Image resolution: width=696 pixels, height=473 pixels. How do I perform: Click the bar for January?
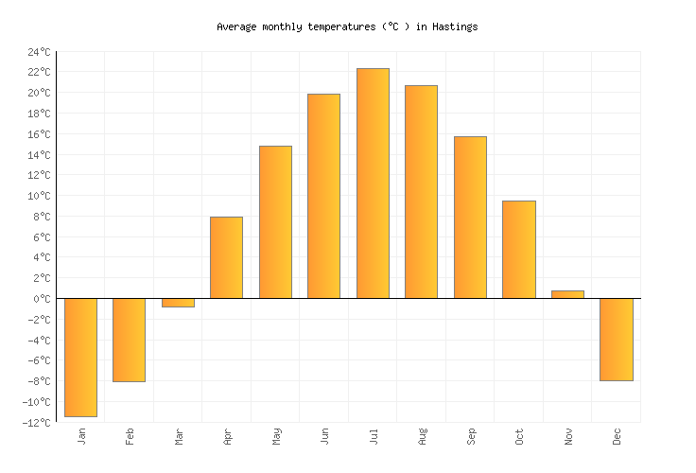tap(80, 358)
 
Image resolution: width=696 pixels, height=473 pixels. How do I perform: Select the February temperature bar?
tap(129, 340)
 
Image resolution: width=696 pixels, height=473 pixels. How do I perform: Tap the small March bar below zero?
tap(178, 303)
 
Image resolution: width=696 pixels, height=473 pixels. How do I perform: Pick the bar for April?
tap(226, 257)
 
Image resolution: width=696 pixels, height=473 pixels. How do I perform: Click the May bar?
tap(275, 222)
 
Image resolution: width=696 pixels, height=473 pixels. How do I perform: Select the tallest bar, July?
tap(373, 184)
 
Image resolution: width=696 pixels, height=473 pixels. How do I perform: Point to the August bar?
tap(421, 192)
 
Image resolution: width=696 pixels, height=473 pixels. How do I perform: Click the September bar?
tap(470, 218)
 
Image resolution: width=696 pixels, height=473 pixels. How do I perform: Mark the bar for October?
tap(518, 250)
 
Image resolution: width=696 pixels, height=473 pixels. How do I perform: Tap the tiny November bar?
tap(567, 294)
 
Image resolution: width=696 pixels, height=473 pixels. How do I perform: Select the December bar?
tap(616, 340)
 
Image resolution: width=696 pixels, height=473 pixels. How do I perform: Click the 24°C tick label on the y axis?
tap(39, 52)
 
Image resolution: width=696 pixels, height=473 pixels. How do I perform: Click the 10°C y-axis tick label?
tap(39, 196)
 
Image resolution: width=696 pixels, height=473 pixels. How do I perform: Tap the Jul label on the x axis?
tap(374, 436)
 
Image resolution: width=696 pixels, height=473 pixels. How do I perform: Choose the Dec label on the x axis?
tap(617, 436)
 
